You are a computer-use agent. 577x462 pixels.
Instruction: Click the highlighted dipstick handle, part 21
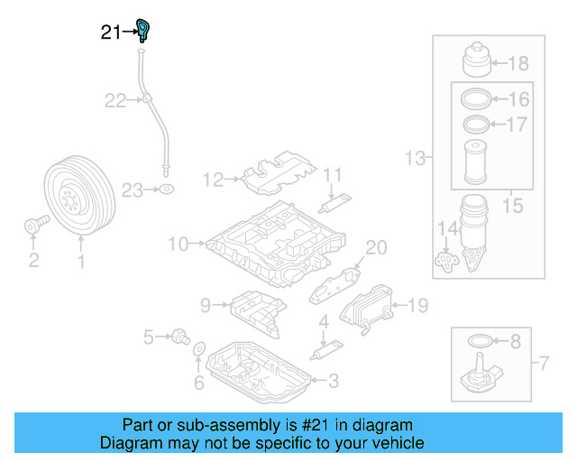(x=142, y=30)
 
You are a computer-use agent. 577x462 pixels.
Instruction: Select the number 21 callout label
(x=110, y=32)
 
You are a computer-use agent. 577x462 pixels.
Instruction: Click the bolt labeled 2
(x=32, y=225)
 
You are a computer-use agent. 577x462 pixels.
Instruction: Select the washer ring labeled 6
(x=199, y=349)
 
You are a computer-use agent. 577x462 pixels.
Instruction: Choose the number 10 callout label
(x=177, y=244)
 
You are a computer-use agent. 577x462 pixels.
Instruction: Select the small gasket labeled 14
(x=444, y=261)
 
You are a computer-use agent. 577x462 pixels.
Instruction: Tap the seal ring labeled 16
(x=475, y=98)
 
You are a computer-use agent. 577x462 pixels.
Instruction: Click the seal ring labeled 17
(x=475, y=123)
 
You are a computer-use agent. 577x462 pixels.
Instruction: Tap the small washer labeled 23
(x=166, y=190)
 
